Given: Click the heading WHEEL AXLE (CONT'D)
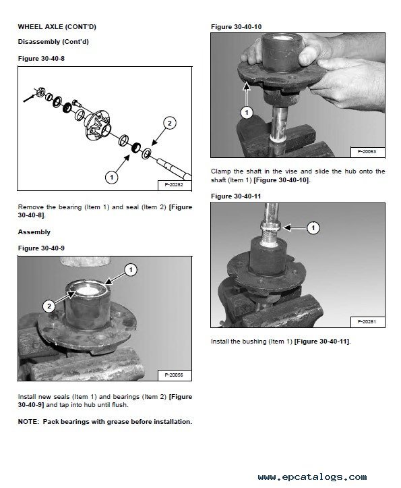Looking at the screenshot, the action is [57, 27].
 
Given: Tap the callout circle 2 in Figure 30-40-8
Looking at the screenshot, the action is [169, 123].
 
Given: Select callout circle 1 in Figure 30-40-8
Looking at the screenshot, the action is [112, 178].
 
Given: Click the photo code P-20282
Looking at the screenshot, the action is [174, 184].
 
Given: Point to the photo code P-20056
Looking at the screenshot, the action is [174, 375].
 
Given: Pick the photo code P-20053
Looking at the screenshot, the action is [367, 152].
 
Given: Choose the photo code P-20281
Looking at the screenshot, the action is [367, 321].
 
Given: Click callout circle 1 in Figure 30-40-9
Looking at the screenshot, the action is [131, 270].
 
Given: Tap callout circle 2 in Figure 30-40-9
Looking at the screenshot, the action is [49, 306].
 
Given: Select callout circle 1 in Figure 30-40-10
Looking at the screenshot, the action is [247, 112].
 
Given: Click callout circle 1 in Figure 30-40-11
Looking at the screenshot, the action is [313, 228].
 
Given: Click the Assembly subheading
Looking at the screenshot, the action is [34, 232].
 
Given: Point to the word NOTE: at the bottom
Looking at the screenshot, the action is [28, 422].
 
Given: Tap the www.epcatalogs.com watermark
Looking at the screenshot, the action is [312, 477].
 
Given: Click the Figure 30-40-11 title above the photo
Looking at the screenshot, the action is [236, 196].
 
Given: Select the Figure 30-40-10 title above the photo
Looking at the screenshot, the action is [237, 27].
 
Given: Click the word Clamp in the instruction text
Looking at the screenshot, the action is [220, 171].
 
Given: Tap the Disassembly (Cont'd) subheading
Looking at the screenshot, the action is [53, 42].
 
